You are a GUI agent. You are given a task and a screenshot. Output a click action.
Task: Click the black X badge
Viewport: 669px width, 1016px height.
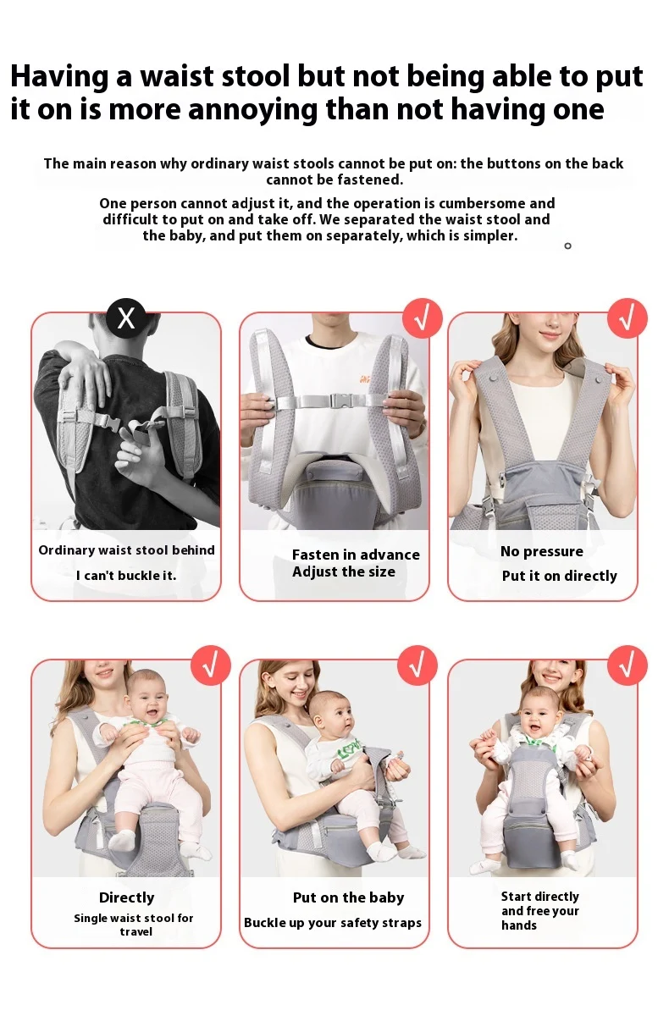[126, 318]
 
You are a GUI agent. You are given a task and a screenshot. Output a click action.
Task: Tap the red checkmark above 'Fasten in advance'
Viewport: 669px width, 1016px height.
[423, 318]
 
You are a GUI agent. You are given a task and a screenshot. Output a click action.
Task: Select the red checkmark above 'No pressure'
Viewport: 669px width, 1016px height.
[628, 318]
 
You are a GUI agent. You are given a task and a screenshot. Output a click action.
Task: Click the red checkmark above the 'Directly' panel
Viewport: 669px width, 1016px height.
[211, 665]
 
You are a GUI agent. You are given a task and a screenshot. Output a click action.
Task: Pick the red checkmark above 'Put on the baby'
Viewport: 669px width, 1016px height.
[417, 665]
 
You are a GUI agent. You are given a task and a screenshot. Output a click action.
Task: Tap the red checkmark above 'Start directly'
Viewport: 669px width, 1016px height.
[628, 665]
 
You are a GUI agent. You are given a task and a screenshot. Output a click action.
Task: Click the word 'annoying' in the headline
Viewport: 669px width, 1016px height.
[252, 110]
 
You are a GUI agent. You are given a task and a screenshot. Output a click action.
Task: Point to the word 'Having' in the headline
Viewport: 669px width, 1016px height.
[59, 76]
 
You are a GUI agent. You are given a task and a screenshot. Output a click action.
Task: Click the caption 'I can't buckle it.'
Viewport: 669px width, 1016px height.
[126, 576]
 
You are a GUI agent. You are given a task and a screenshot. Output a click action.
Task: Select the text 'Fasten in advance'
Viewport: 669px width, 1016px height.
[356, 555]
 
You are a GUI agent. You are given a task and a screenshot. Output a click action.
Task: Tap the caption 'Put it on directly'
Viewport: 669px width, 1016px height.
[559, 576]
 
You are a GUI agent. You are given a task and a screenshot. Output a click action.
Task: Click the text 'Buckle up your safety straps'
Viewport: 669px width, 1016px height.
[333, 923]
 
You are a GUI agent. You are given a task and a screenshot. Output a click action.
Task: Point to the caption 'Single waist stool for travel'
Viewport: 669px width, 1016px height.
[134, 925]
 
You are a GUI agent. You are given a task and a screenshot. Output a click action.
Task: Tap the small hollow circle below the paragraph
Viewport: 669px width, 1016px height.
[568, 246]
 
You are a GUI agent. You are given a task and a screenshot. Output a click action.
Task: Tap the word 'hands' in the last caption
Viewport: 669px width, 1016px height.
[519, 925]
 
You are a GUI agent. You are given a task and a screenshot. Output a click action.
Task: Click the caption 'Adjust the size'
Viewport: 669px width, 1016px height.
[344, 572]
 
